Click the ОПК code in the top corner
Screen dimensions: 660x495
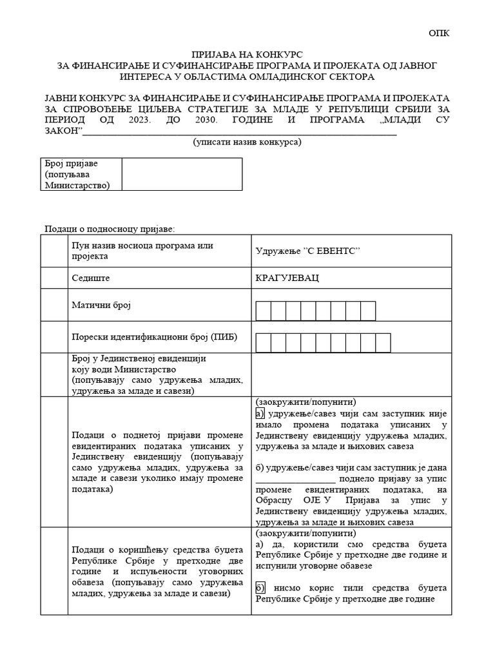coord(440,34)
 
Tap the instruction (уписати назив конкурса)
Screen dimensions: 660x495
coord(247,142)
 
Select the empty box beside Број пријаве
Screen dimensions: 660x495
coord(182,175)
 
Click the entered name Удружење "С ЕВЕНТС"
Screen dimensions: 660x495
coord(307,251)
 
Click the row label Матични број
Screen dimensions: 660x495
coord(101,305)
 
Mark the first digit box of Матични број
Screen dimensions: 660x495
coord(264,311)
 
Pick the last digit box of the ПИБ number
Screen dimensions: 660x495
coord(383,343)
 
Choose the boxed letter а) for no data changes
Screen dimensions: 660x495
coord(260,414)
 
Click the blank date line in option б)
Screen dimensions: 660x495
coord(295,479)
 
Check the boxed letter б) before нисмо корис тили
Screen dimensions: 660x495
coord(260,588)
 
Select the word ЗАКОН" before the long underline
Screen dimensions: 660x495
coord(64,131)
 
